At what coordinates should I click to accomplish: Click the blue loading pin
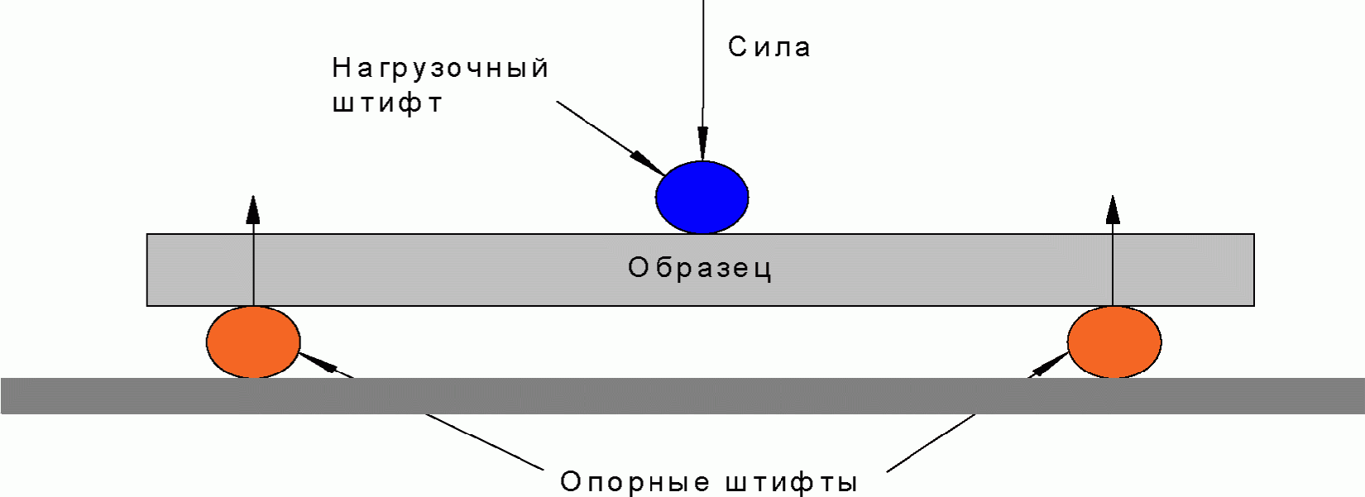[x=702, y=198]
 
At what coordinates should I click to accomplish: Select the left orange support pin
[x=253, y=342]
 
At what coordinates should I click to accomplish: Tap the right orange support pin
[x=1114, y=342]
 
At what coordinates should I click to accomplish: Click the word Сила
[x=769, y=47]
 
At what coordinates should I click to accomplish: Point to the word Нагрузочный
[x=440, y=69]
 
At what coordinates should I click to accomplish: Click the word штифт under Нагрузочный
[x=387, y=104]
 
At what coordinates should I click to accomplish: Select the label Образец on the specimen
[x=700, y=268]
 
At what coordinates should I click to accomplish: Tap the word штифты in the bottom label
[x=792, y=482]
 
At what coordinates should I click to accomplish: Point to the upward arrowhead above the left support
[x=253, y=210]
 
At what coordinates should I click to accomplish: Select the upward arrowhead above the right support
[x=1113, y=210]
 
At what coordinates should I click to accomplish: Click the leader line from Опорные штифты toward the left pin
[x=488, y=442]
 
